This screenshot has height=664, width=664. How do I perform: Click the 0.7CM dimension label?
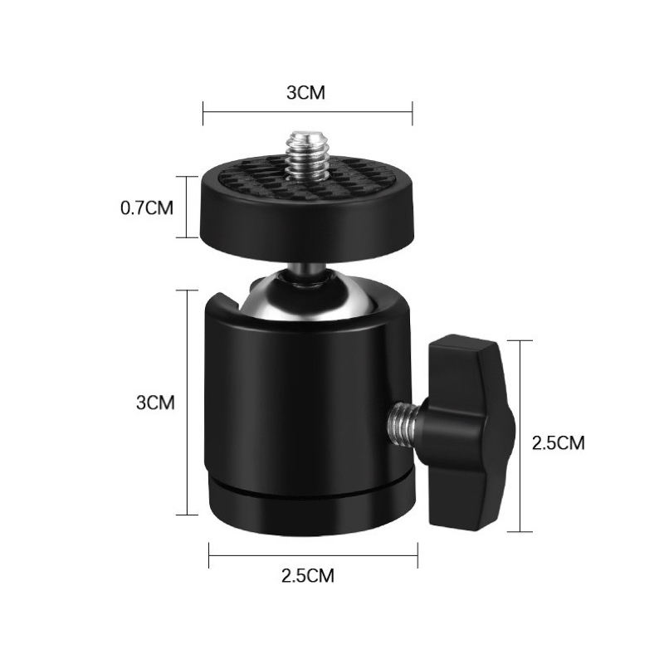click(147, 208)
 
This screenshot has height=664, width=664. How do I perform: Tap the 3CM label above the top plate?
click(305, 93)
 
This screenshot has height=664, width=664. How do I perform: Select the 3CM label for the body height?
click(155, 403)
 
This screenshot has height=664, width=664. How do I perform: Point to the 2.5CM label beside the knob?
click(558, 443)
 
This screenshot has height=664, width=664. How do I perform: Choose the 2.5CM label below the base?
click(308, 575)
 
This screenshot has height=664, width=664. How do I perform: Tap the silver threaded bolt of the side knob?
click(403, 422)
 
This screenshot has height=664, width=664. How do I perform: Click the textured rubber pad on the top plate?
click(306, 180)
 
